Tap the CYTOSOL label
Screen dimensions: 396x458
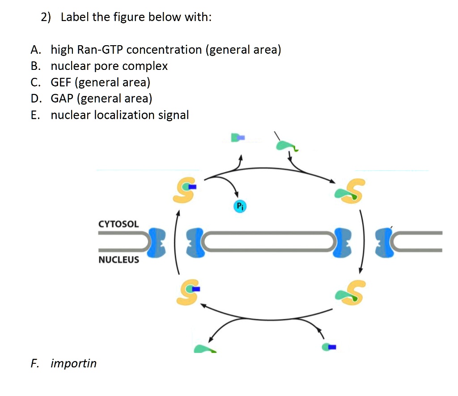click(119, 224)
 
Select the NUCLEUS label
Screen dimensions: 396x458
click(119, 260)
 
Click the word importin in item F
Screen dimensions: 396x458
click(74, 363)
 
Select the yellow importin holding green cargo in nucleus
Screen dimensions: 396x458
click(349, 293)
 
